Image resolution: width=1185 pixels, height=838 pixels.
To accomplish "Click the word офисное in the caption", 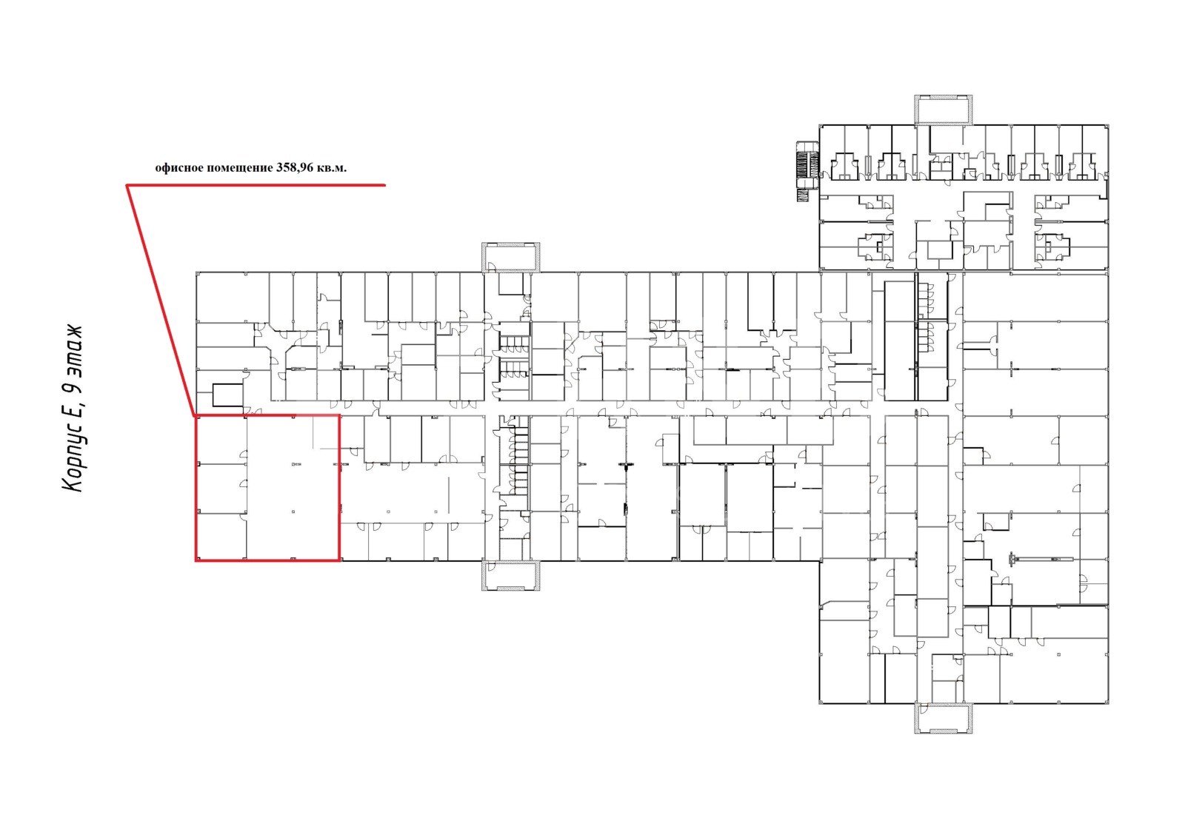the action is click(x=178, y=168).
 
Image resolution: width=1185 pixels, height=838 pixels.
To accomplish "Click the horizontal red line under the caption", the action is click(x=256, y=185).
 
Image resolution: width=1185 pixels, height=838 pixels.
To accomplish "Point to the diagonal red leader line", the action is click(x=161, y=301).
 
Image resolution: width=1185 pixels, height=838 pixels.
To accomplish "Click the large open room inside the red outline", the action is click(x=293, y=487).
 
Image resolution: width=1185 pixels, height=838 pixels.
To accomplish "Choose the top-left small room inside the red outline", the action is click(x=221, y=440).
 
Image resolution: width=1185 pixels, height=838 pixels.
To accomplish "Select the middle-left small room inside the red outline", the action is click(x=221, y=489).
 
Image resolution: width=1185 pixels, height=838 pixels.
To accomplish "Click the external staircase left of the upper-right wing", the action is click(x=808, y=171).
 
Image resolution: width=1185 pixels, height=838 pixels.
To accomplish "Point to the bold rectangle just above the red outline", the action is click(x=227, y=395).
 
